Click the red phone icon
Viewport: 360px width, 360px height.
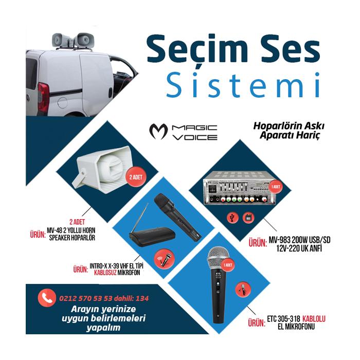coord(48,297)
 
